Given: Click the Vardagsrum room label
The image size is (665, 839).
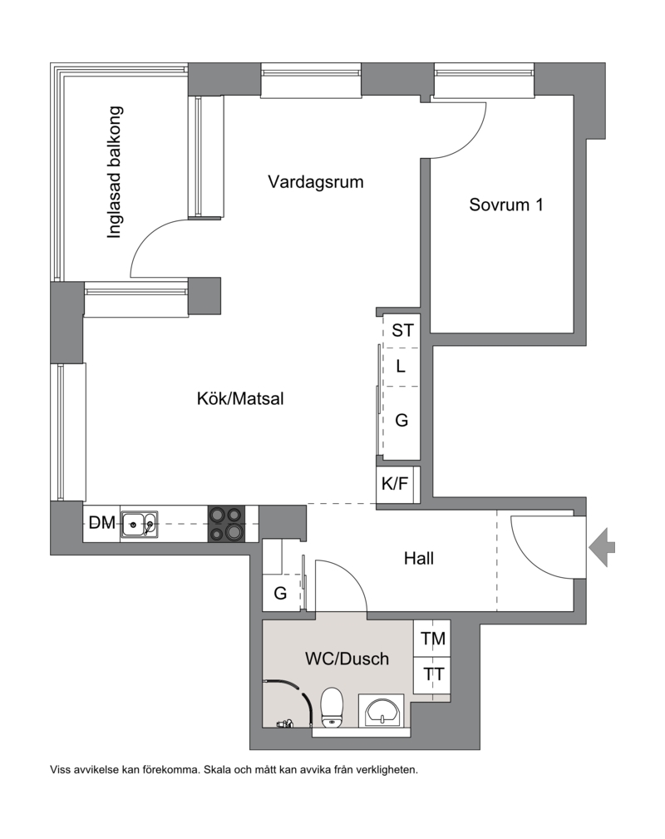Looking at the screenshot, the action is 316,182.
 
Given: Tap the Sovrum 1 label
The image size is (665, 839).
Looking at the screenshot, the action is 506,205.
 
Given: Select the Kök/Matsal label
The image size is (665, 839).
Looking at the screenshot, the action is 240,398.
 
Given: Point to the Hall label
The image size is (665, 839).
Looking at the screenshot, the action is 418,559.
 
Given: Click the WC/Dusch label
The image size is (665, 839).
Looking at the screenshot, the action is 347,658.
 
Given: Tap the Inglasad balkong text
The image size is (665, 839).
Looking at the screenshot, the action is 115,172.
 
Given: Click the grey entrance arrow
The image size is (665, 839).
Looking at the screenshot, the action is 603,547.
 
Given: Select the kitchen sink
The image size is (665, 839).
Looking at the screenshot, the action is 140,524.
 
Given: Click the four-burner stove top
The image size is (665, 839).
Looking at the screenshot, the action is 226,524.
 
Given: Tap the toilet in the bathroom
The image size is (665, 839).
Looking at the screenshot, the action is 332,708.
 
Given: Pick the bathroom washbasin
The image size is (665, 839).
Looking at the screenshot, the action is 381,712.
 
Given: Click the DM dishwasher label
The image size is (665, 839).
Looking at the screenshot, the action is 102,522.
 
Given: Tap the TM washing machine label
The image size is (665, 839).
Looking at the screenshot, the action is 433,639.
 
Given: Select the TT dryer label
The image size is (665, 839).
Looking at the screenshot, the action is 433,674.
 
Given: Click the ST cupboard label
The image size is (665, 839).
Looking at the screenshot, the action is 403,330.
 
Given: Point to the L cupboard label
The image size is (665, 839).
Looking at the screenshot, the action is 401,367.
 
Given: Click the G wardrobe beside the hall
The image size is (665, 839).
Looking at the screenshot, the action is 280,593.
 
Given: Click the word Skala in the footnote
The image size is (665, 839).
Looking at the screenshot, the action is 217,770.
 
